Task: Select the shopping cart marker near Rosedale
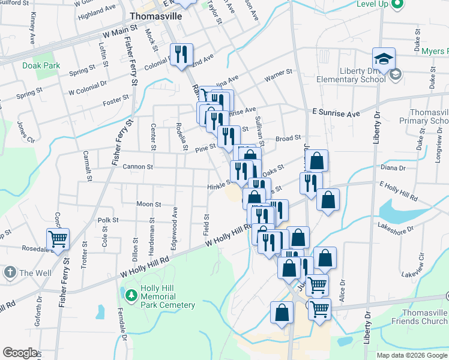tap(58, 239)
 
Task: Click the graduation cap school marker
tap(384, 59)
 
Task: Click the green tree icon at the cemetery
tap(131, 295)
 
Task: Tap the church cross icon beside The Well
tap(10, 272)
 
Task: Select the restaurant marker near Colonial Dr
tap(181, 55)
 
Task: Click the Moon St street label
tap(148, 204)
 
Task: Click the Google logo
tap(20, 352)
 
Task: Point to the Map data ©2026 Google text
tap(412, 355)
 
